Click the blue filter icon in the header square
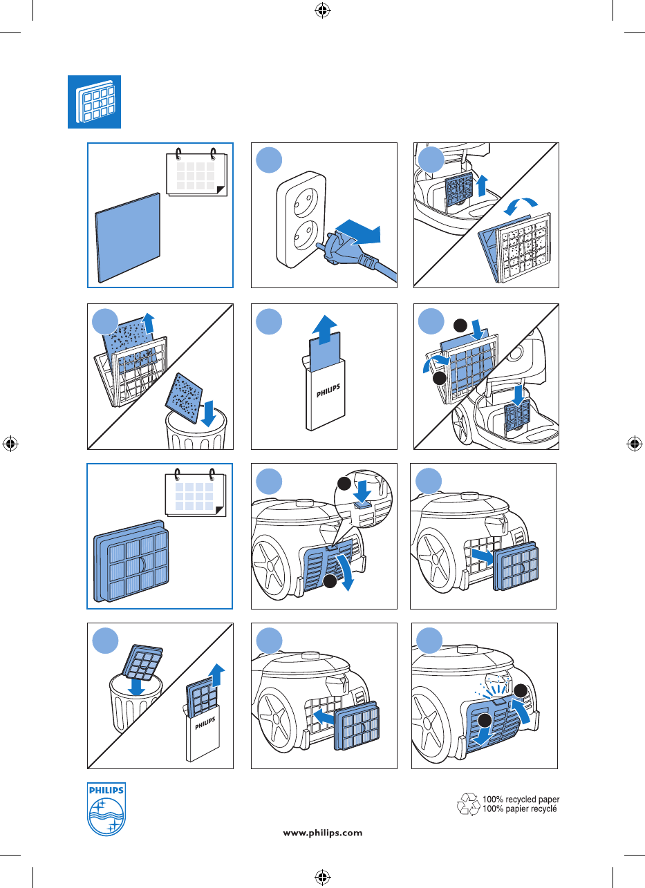[x=95, y=102]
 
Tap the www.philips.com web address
[x=322, y=833]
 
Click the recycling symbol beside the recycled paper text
[x=469, y=804]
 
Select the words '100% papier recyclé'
[x=520, y=809]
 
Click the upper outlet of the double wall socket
[x=306, y=202]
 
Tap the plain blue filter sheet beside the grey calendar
[x=128, y=238]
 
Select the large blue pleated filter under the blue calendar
[x=131, y=560]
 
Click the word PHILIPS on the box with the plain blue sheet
[x=328, y=390]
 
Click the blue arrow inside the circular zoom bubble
[x=362, y=491]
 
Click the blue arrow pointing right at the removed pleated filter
[x=483, y=556]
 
